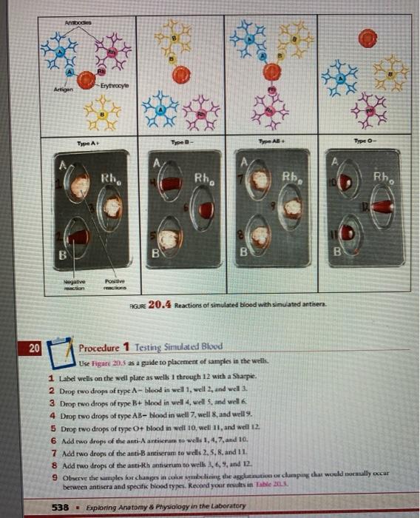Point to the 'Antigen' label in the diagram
coord(51,89)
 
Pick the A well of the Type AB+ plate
coord(260,182)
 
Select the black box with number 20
coord(35,348)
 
